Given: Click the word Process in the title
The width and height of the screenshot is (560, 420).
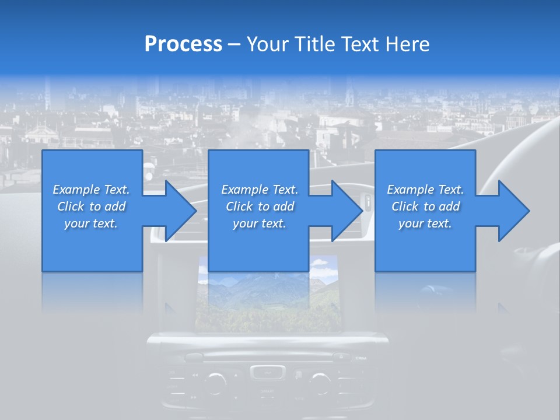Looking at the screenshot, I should (x=183, y=44).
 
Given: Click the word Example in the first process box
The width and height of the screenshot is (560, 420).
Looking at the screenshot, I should (x=76, y=190).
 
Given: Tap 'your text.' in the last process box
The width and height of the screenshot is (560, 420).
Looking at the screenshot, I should (x=425, y=223).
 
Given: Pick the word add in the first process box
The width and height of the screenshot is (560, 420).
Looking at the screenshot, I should (x=116, y=206).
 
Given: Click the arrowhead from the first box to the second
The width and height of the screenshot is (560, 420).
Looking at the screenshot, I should (x=181, y=211).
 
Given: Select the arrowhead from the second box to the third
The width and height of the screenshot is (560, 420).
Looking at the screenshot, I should (x=347, y=211).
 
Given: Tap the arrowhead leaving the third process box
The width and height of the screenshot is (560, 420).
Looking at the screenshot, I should (x=513, y=211).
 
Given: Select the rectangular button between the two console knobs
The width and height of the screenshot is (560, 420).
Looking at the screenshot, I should (x=267, y=372).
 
